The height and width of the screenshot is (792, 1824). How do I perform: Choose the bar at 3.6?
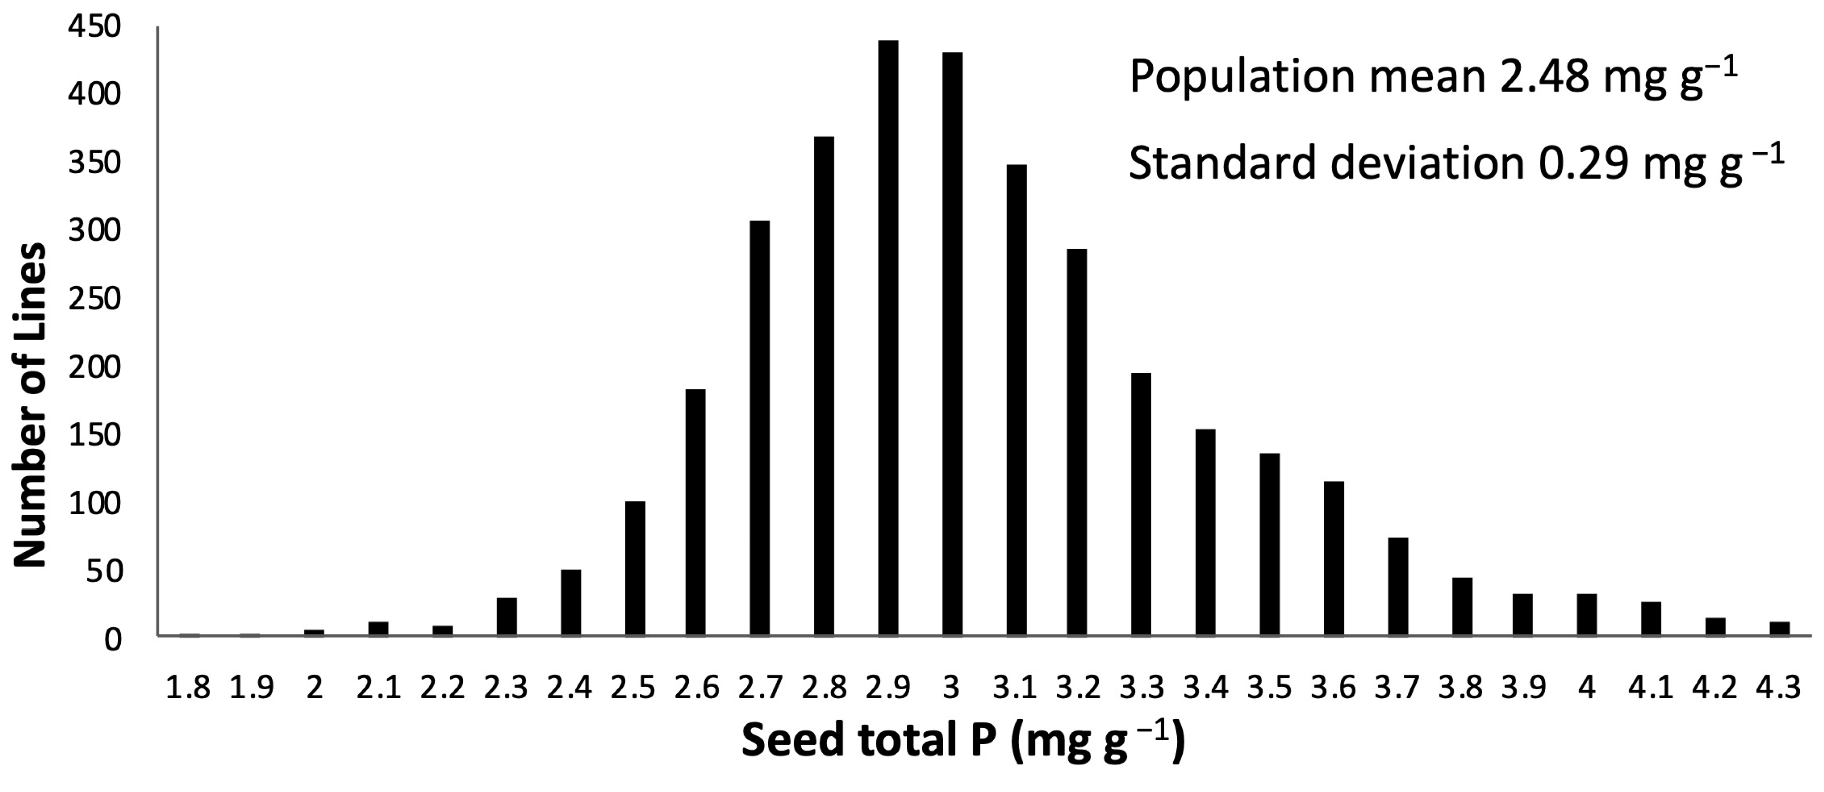coord(1334,559)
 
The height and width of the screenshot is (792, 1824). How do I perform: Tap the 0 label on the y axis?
coord(113,639)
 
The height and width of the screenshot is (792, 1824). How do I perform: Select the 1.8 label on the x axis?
coord(188,688)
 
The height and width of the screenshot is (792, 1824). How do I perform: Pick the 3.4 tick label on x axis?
coord(1205,688)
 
